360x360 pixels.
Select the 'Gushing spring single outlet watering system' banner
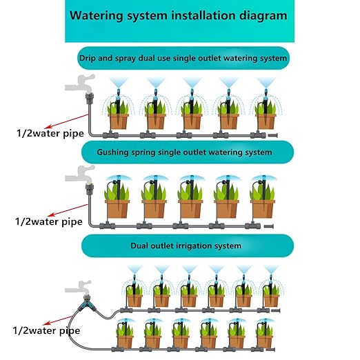(x=188, y=152)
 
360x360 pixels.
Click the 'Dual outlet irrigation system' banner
(x=188, y=246)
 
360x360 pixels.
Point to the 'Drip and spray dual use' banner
(x=183, y=58)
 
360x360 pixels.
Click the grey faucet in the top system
(x=81, y=83)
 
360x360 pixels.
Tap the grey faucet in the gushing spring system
(x=81, y=174)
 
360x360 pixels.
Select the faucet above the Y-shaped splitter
(x=79, y=288)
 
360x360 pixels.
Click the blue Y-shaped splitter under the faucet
(x=86, y=303)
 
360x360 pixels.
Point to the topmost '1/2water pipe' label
(x=50, y=133)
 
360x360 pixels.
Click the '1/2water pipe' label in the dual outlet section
(x=46, y=330)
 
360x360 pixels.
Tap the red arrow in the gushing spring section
(x=68, y=210)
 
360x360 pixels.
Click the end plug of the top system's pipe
(x=273, y=135)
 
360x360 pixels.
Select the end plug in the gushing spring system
(x=269, y=226)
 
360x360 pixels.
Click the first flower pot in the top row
(x=119, y=121)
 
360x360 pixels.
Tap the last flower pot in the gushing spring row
(x=263, y=209)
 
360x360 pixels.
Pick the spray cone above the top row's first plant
(x=119, y=83)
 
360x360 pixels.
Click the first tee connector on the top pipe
(x=110, y=134)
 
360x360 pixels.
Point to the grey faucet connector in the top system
(x=89, y=98)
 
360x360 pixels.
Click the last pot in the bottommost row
(x=265, y=342)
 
